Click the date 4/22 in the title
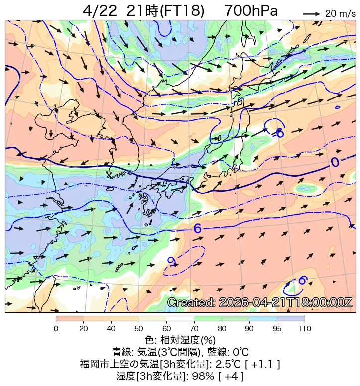tap(99, 11)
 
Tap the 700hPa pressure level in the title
tap(251, 11)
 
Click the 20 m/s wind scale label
tap(337, 14)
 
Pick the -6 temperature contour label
tap(278, 133)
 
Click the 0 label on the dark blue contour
tap(335, 162)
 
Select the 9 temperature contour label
tap(171, 261)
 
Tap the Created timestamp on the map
tap(259, 302)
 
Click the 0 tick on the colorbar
tap(56, 328)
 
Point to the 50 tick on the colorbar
tap(138, 328)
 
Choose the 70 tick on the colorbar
tap(194, 328)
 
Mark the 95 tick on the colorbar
tap(277, 328)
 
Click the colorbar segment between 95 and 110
tap(291, 318)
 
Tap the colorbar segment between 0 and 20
tap(70, 318)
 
